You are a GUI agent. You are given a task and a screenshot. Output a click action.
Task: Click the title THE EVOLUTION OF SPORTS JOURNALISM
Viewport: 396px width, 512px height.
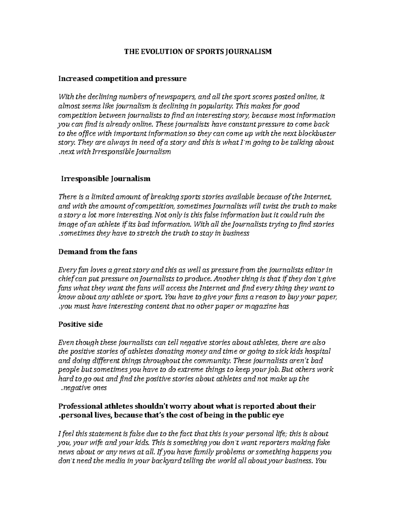pos(197,52)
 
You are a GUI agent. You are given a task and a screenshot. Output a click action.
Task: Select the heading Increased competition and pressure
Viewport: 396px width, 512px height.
pos(122,78)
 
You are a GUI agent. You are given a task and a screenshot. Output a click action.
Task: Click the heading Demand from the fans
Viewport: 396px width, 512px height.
pos(97,252)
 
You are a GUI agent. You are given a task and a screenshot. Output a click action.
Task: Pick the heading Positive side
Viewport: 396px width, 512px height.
pos(80,324)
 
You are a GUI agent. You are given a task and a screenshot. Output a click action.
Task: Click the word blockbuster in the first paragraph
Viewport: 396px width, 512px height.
pos(317,134)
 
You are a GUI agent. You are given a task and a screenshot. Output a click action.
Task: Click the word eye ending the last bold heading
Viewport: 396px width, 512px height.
pos(278,415)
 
